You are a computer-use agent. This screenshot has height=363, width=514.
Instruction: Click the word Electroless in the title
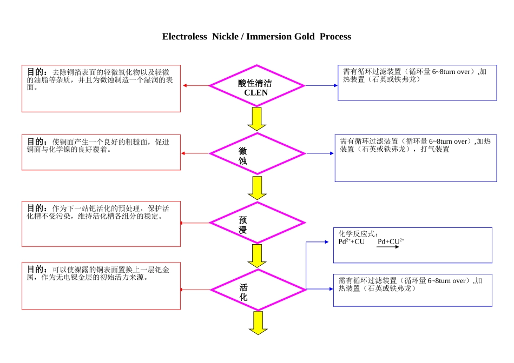tap(184, 37)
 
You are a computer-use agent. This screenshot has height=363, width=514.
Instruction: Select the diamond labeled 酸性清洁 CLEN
tap(256, 86)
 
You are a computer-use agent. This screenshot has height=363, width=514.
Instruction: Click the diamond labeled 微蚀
tap(256, 153)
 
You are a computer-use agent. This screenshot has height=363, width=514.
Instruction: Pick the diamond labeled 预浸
tap(256, 223)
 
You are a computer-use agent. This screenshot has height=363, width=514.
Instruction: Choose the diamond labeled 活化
tap(256, 290)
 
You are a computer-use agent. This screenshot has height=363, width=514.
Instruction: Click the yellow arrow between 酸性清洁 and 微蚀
tap(256, 118)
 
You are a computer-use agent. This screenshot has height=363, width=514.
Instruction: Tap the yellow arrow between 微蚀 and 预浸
tap(256, 187)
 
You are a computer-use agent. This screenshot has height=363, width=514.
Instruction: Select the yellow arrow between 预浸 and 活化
tap(256, 256)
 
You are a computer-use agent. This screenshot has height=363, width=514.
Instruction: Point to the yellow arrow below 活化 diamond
tap(258, 322)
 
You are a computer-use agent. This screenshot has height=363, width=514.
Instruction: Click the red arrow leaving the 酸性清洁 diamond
tap(195, 86)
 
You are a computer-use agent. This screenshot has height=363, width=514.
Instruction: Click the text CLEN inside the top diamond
tap(256, 93)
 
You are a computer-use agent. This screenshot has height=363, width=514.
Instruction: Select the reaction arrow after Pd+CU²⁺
tap(388, 247)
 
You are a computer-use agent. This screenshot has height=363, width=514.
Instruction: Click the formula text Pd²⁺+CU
tap(352, 241)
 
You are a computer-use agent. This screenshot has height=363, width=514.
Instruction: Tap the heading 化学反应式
tap(358, 234)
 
